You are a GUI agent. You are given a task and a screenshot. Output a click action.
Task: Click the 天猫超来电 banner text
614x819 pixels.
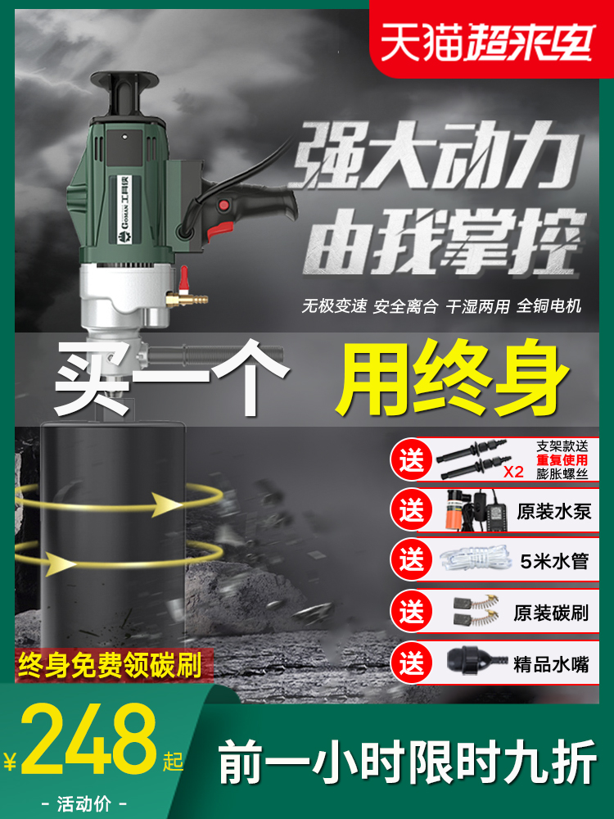pos(488,40)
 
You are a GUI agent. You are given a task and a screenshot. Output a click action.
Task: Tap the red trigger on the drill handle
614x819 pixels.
pos(219,231)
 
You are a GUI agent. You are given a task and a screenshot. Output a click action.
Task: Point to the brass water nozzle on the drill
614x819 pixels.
pos(187,300)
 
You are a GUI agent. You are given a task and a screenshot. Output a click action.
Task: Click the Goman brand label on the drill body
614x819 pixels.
pos(124,210)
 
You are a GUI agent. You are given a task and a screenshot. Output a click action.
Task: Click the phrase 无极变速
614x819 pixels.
pos(334,306)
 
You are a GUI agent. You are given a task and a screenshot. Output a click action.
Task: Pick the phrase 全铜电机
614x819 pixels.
pos(549,306)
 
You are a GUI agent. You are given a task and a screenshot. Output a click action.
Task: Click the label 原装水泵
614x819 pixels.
pos(554,511)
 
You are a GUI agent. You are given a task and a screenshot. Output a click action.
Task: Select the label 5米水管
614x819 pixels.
pos(554,562)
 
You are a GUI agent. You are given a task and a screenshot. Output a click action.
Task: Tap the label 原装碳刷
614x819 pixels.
pos(551,613)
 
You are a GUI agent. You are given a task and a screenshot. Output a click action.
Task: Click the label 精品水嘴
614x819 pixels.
pos(551,664)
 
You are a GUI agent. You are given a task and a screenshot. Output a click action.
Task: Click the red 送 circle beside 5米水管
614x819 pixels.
pos(412,560)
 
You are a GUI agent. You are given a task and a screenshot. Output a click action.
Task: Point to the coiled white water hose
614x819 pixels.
pos(473,558)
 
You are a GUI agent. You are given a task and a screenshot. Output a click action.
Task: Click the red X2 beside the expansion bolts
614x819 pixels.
pos(513,472)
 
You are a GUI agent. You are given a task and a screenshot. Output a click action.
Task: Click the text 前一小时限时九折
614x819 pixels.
pos(407,762)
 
